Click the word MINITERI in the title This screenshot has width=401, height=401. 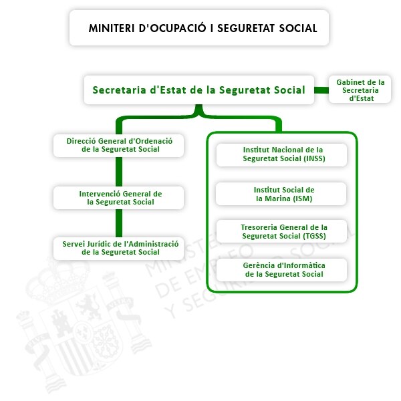[x=111, y=28]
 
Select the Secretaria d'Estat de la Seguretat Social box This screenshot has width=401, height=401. [x=199, y=90]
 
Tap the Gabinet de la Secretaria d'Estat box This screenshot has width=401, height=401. [x=360, y=90]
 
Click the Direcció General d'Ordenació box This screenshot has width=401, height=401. [x=119, y=146]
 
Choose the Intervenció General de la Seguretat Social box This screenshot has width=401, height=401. [x=119, y=198]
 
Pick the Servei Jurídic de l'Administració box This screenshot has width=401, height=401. [x=119, y=249]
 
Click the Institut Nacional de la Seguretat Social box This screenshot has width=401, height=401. [x=281, y=155]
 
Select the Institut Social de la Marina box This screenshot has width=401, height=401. [x=281, y=194]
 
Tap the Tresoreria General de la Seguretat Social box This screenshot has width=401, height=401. [x=281, y=231]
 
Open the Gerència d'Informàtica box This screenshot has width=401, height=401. [x=281, y=270]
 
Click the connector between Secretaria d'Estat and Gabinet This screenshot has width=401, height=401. [x=321, y=90]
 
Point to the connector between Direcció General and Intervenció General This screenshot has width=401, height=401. [x=119, y=172]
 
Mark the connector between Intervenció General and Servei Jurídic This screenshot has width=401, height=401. [x=119, y=223]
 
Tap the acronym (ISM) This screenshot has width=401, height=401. [x=302, y=198]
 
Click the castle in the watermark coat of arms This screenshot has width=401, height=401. [x=61, y=323]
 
